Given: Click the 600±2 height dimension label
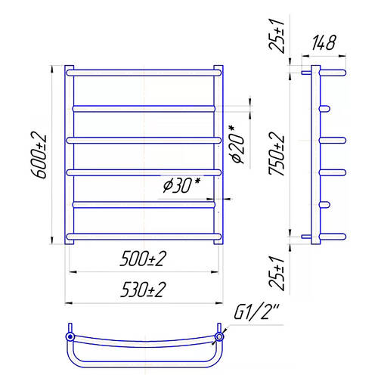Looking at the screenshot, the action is pyautogui.click(x=39, y=156).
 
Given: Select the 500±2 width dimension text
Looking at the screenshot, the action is pyautogui.click(x=143, y=259).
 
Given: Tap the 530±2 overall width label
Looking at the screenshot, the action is pyautogui.click(x=143, y=290).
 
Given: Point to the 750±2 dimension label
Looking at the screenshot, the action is pyautogui.click(x=277, y=153).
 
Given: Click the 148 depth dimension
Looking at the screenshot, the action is pyautogui.click(x=324, y=43).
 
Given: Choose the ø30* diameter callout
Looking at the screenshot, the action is pyautogui.click(x=181, y=185).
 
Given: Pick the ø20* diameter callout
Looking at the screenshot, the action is pyautogui.click(x=237, y=144).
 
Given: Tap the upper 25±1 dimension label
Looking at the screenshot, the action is pyautogui.click(x=277, y=36).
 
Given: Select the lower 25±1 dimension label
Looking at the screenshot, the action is pyautogui.click(x=277, y=273).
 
